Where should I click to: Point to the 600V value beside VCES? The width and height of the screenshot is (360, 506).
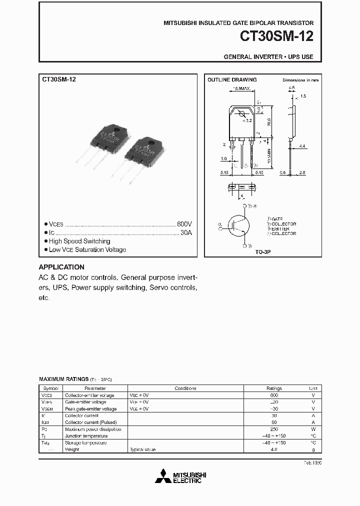(184, 224)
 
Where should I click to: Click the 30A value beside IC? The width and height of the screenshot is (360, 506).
(186, 233)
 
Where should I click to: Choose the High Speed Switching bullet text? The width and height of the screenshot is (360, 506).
(79, 241)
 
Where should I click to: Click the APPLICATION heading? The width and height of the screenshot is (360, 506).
(61, 267)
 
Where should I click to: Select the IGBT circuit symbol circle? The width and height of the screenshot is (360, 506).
(237, 225)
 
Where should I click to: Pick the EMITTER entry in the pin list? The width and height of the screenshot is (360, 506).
(282, 228)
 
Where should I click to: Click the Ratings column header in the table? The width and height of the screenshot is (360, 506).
(274, 388)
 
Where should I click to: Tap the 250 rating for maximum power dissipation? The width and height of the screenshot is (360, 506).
(274, 429)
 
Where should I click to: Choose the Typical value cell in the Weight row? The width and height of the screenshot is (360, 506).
(143, 449)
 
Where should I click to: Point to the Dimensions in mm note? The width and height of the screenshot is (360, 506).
(300, 80)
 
